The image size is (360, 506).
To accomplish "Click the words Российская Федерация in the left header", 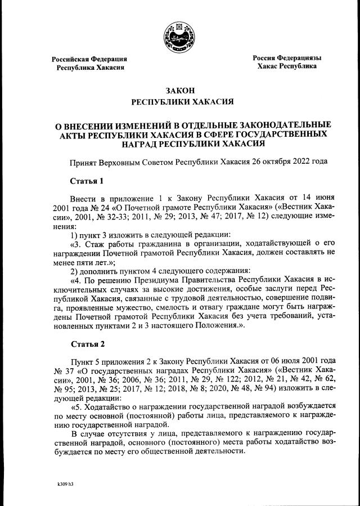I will click(89, 59).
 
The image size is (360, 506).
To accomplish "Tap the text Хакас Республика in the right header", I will click(286, 66).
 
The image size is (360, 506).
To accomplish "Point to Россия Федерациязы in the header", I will click(287, 58).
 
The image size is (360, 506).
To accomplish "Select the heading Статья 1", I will click(87, 181).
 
